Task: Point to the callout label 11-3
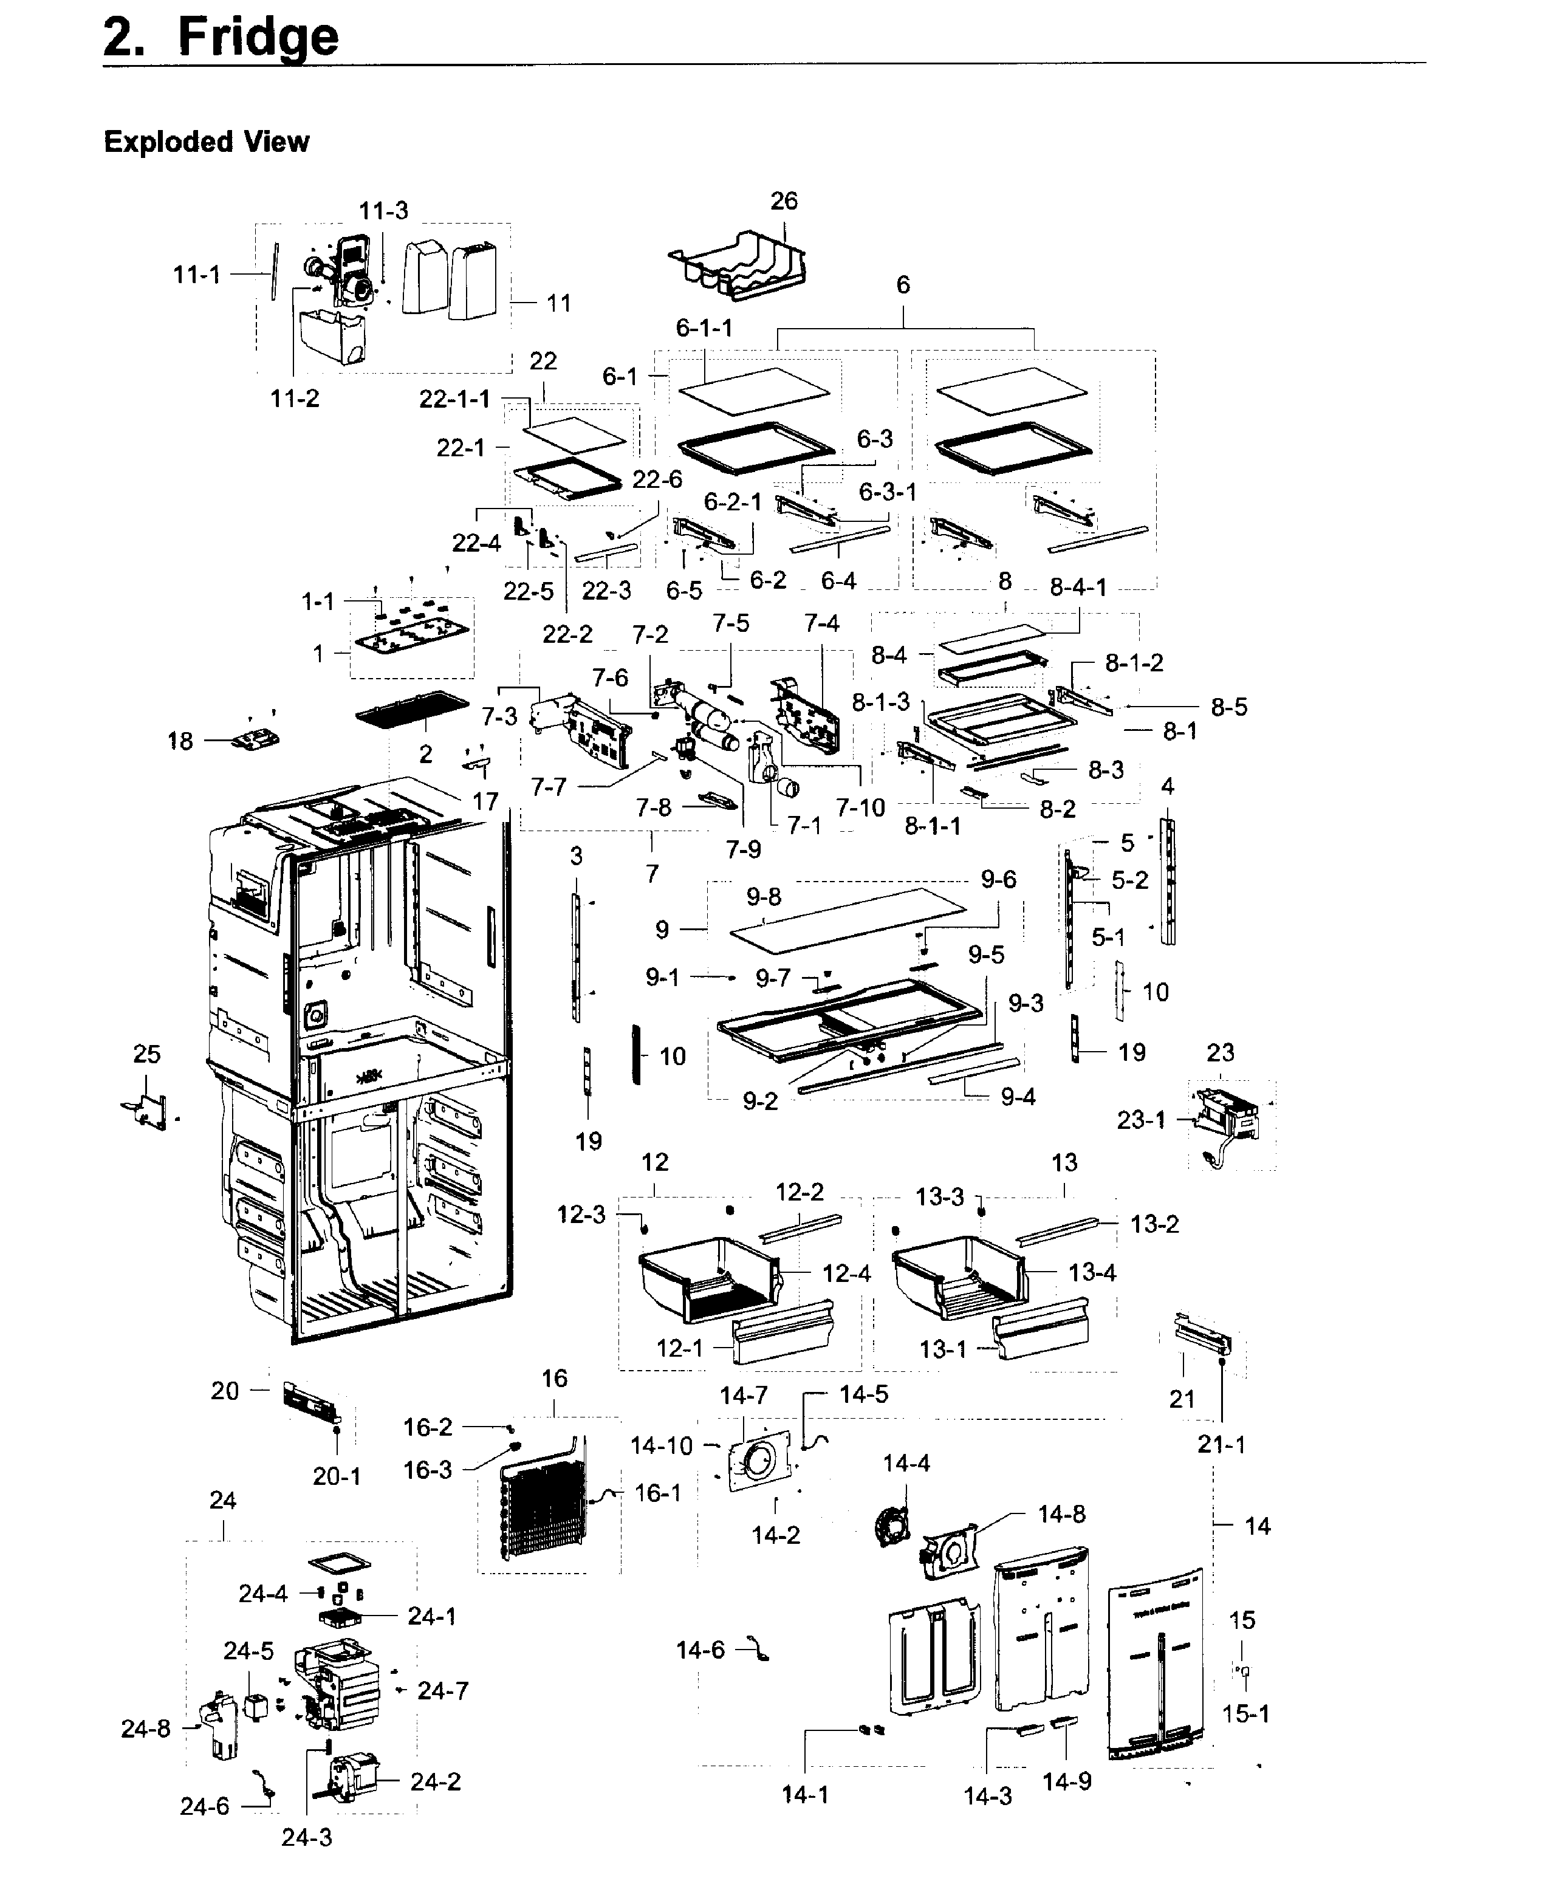(383, 210)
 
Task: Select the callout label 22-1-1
(455, 399)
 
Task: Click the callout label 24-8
(145, 1729)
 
